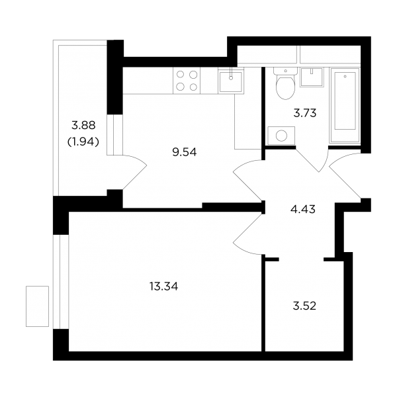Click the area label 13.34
pyautogui.click(x=164, y=287)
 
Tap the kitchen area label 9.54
pyautogui.click(x=185, y=152)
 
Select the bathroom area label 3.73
pyautogui.click(x=305, y=113)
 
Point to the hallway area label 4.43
pyautogui.click(x=303, y=209)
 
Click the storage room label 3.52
pyautogui.click(x=304, y=306)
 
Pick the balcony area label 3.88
pyautogui.click(x=83, y=125)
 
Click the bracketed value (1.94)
pyautogui.click(x=83, y=142)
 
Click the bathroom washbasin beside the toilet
pyautogui.click(x=312, y=77)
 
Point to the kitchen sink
pyautogui.click(x=231, y=81)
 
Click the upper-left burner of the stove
pyautogui.click(x=180, y=74)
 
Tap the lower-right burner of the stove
pyautogui.click(x=193, y=87)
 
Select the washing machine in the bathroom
pyautogui.click(x=281, y=136)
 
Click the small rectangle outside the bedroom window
pyautogui.click(x=37, y=306)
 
